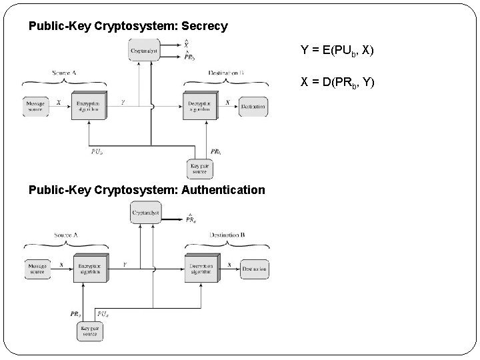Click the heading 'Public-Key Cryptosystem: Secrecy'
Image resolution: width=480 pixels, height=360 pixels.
[128, 27]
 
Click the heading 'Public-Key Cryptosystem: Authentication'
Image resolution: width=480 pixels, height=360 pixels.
[147, 190]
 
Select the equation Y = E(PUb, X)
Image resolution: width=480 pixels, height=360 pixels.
[337, 50]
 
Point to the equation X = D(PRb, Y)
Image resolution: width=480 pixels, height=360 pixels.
[337, 82]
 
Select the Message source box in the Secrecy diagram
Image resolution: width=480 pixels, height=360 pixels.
[36, 106]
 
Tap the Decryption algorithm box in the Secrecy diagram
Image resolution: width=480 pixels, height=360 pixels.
[200, 105]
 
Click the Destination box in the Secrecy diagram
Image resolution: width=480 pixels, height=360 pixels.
[253, 106]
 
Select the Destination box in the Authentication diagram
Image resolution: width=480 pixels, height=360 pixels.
[255, 269]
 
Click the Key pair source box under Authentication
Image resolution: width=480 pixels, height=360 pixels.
[89, 331]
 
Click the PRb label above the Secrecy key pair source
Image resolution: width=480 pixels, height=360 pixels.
[215, 151]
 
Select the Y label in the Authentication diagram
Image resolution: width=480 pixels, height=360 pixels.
[124, 265]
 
